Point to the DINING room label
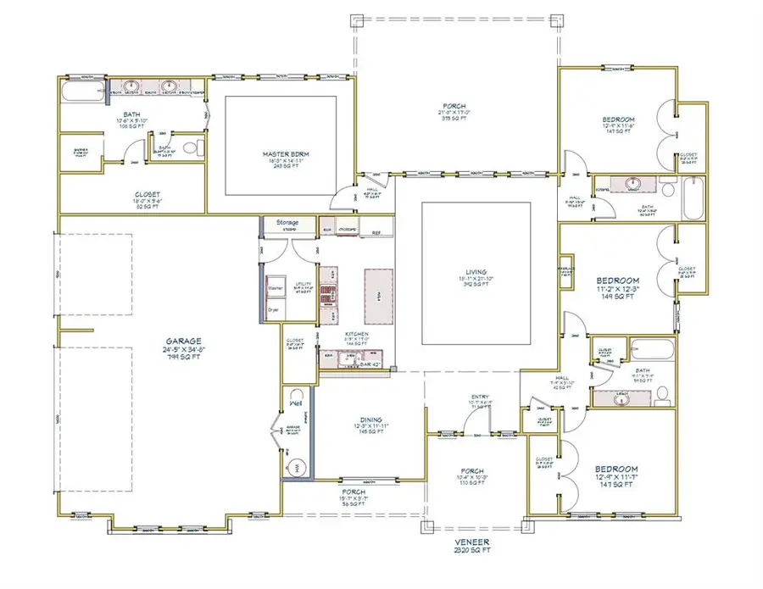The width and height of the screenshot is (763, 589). point(370,420)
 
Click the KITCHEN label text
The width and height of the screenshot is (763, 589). point(356,335)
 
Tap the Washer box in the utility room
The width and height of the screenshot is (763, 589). point(275,288)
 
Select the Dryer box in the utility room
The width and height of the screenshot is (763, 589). point(273,309)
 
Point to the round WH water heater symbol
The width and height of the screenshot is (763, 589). point(298,467)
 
